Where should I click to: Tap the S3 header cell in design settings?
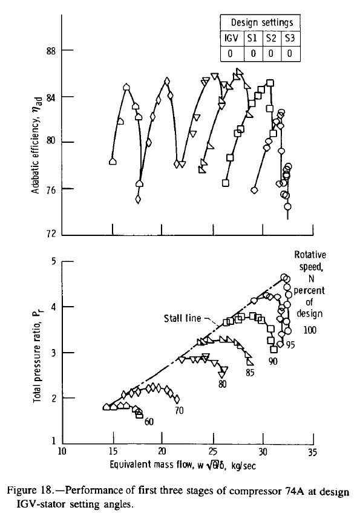tap(290, 38)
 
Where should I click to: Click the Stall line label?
tap(182, 318)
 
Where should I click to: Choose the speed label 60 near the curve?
tap(149, 422)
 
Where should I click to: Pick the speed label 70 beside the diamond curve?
tap(179, 410)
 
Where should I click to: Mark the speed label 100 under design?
tap(310, 330)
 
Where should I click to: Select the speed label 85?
tap(250, 372)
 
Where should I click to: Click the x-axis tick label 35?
tap(313, 452)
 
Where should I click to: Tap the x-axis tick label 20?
tap(162, 452)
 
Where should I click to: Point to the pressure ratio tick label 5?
tap(54, 262)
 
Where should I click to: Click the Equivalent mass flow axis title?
tap(182, 465)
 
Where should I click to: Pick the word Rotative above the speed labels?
tap(310, 255)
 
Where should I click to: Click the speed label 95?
tap(290, 345)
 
